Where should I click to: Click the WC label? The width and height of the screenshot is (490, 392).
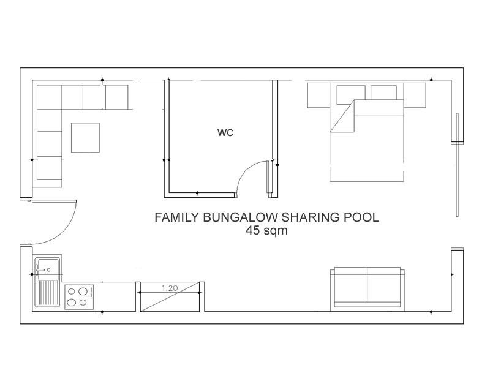tap(225, 132)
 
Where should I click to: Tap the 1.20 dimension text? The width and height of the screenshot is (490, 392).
tap(170, 288)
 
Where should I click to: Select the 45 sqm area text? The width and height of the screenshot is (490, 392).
tap(266, 231)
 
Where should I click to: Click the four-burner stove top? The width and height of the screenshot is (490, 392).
tap(79, 297)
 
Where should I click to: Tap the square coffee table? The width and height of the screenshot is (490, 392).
tap(86, 138)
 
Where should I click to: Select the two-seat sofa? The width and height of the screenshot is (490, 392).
tap(367, 289)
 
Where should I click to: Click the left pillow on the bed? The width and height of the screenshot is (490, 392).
tap(351, 94)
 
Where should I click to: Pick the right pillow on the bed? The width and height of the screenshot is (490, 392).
tap(383, 92)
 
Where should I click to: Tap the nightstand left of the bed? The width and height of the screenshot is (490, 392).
tap(319, 96)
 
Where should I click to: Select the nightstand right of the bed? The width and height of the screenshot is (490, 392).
tap(415, 96)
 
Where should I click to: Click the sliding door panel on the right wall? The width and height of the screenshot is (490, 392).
tap(457, 165)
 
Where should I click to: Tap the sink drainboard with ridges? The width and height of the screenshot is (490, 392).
tap(48, 293)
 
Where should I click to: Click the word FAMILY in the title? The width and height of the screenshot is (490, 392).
tap(176, 217)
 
